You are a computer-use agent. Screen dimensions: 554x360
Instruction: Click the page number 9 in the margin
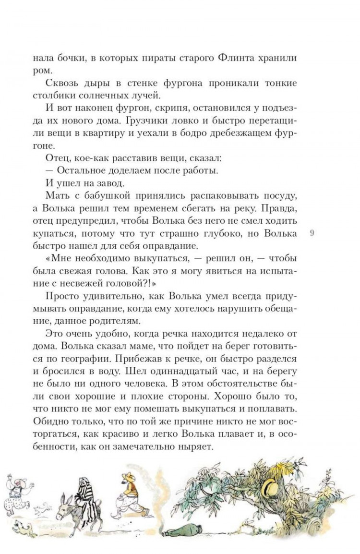point(312,233)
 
